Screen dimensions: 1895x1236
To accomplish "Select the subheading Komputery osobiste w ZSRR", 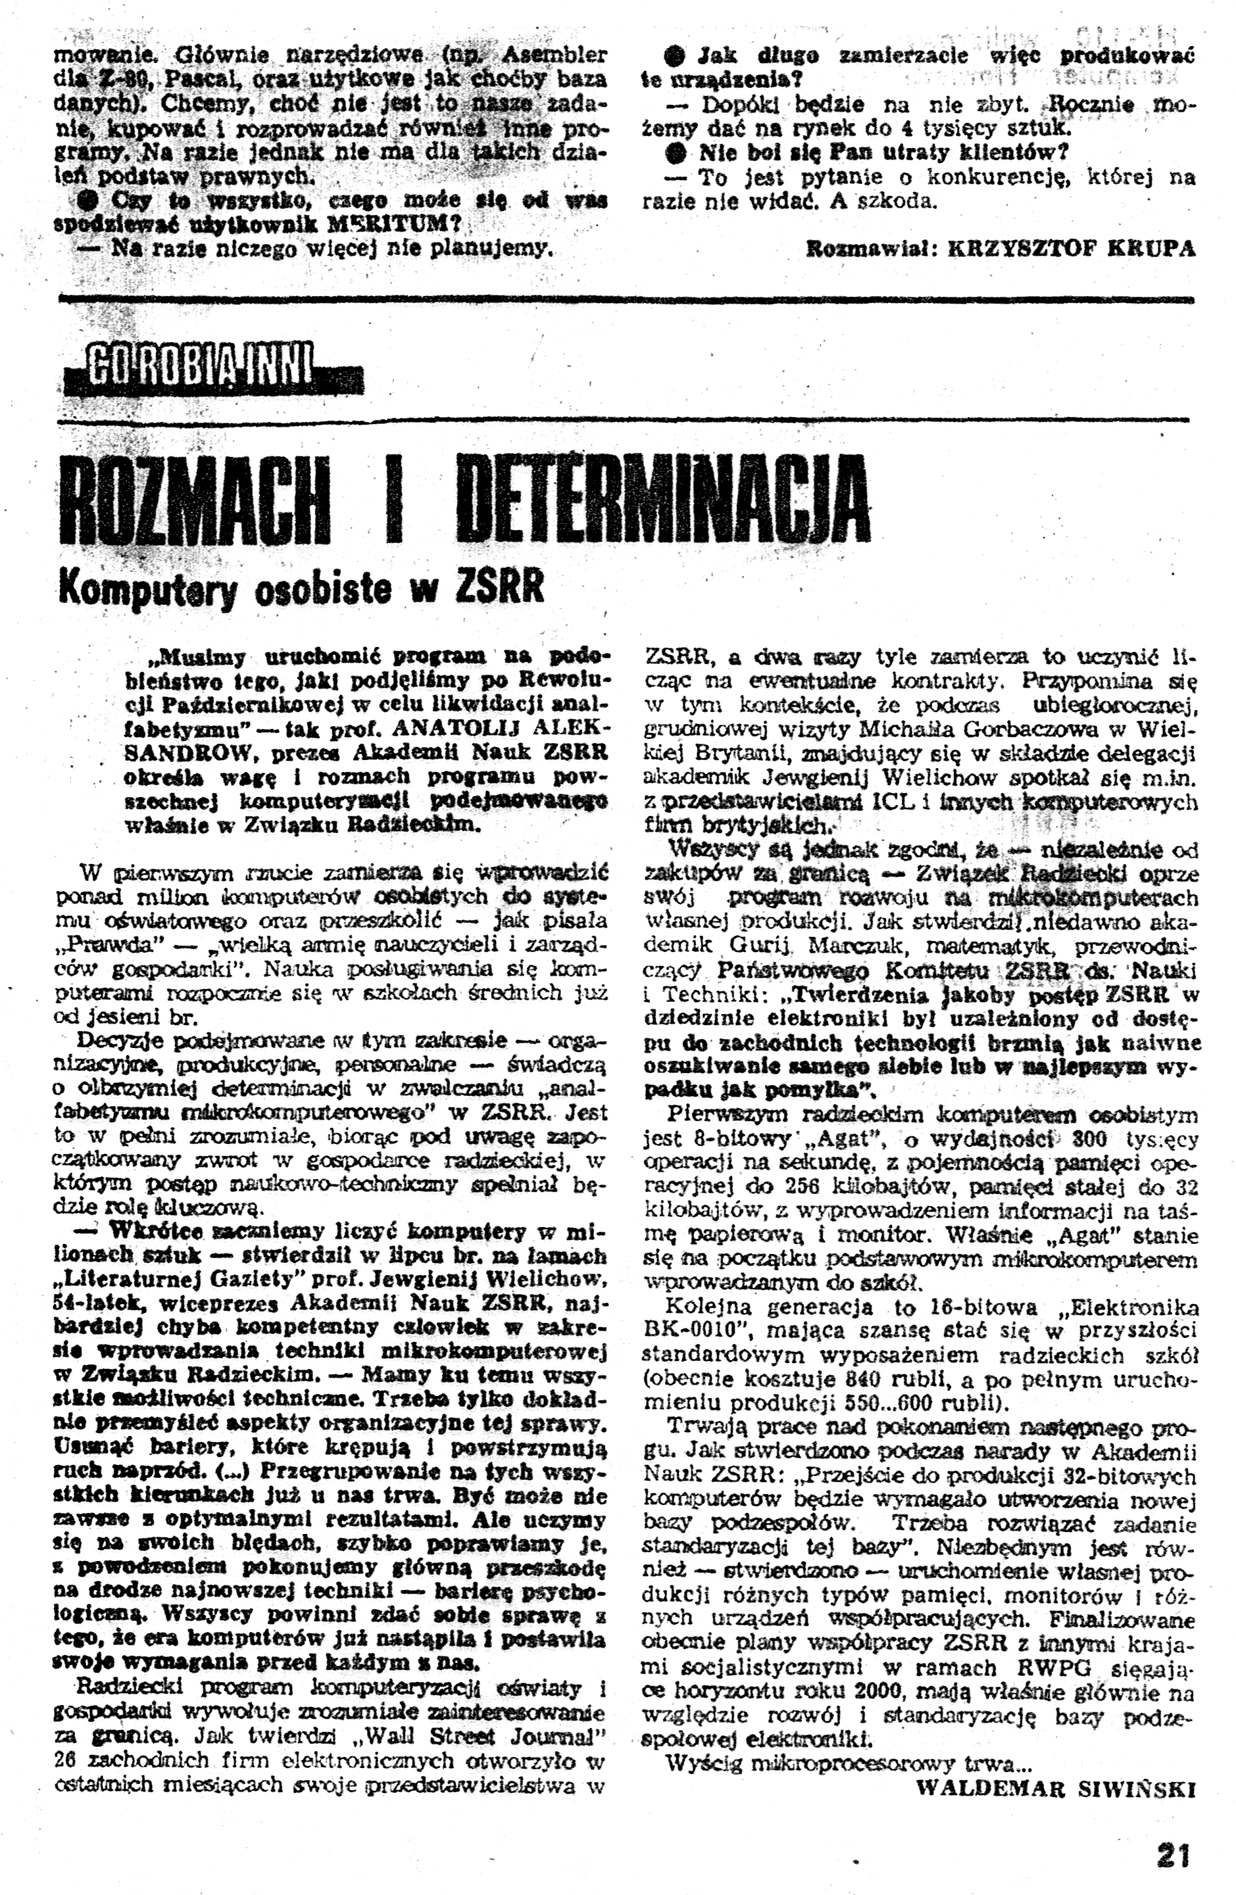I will click(x=301, y=587).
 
